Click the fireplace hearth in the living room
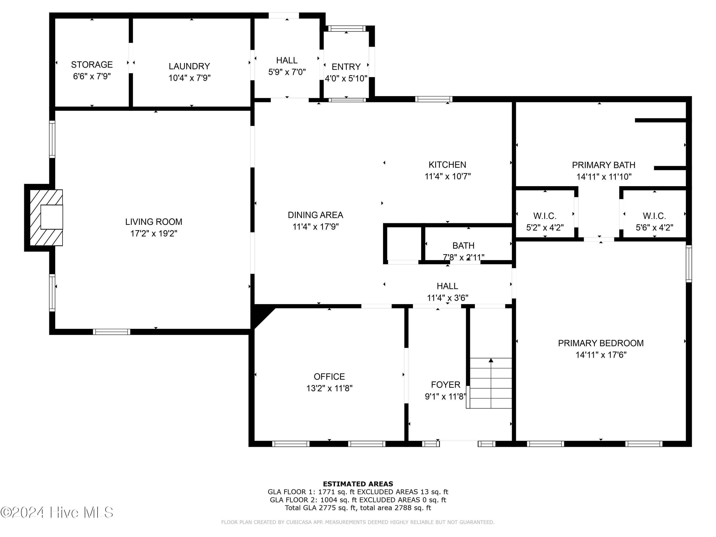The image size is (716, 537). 46,217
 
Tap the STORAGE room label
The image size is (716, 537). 92,65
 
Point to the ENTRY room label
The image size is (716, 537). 346,67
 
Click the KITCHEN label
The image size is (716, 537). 447,165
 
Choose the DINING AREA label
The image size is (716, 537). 316,215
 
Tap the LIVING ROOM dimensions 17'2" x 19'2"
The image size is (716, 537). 154,234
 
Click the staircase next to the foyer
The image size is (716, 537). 491,383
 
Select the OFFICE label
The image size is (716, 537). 329,376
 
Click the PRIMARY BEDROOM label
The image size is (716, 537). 601,343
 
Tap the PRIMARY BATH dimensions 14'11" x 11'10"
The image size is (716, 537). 604,177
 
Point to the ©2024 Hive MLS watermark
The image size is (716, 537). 57,512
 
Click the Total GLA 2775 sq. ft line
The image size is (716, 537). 358,508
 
